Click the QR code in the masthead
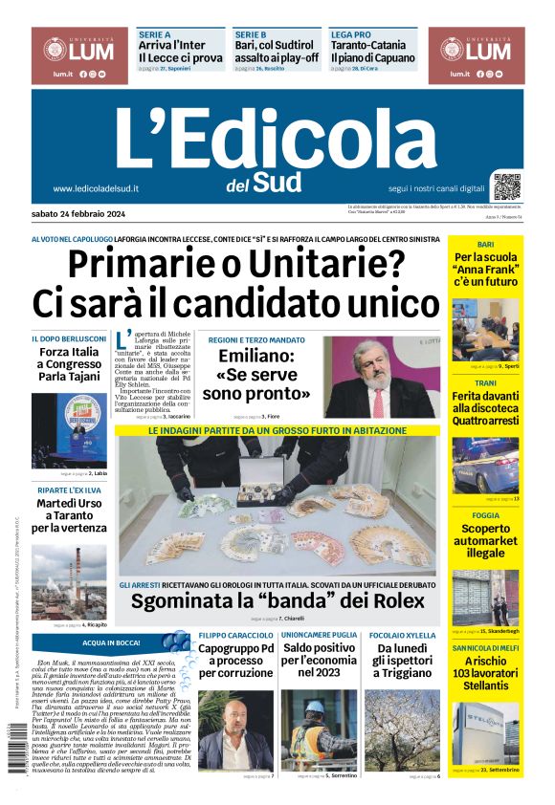(507, 185)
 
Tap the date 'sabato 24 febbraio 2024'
(85, 213)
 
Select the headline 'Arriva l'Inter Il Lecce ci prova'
(181, 52)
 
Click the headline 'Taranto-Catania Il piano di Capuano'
(372, 52)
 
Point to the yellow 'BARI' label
(485, 245)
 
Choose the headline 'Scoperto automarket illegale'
(485, 540)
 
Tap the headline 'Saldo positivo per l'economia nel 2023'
(319, 660)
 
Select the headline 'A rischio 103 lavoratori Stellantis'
(485, 673)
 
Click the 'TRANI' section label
(485, 382)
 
